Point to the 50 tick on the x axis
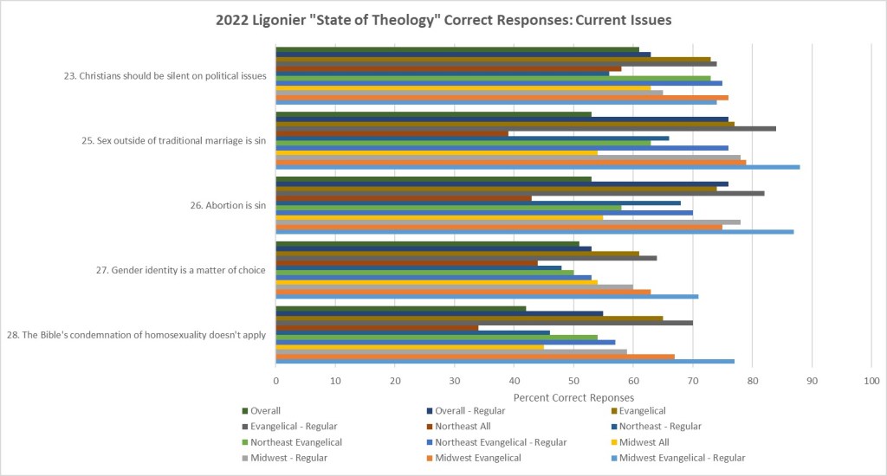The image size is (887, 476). [573, 380]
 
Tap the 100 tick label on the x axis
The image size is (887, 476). [871, 380]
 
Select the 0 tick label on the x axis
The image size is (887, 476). [275, 380]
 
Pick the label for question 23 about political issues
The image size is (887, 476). [165, 75]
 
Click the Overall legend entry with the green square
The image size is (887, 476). [264, 411]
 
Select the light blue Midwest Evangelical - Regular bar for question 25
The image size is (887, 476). [537, 167]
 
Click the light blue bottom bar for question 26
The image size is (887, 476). [534, 232]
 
